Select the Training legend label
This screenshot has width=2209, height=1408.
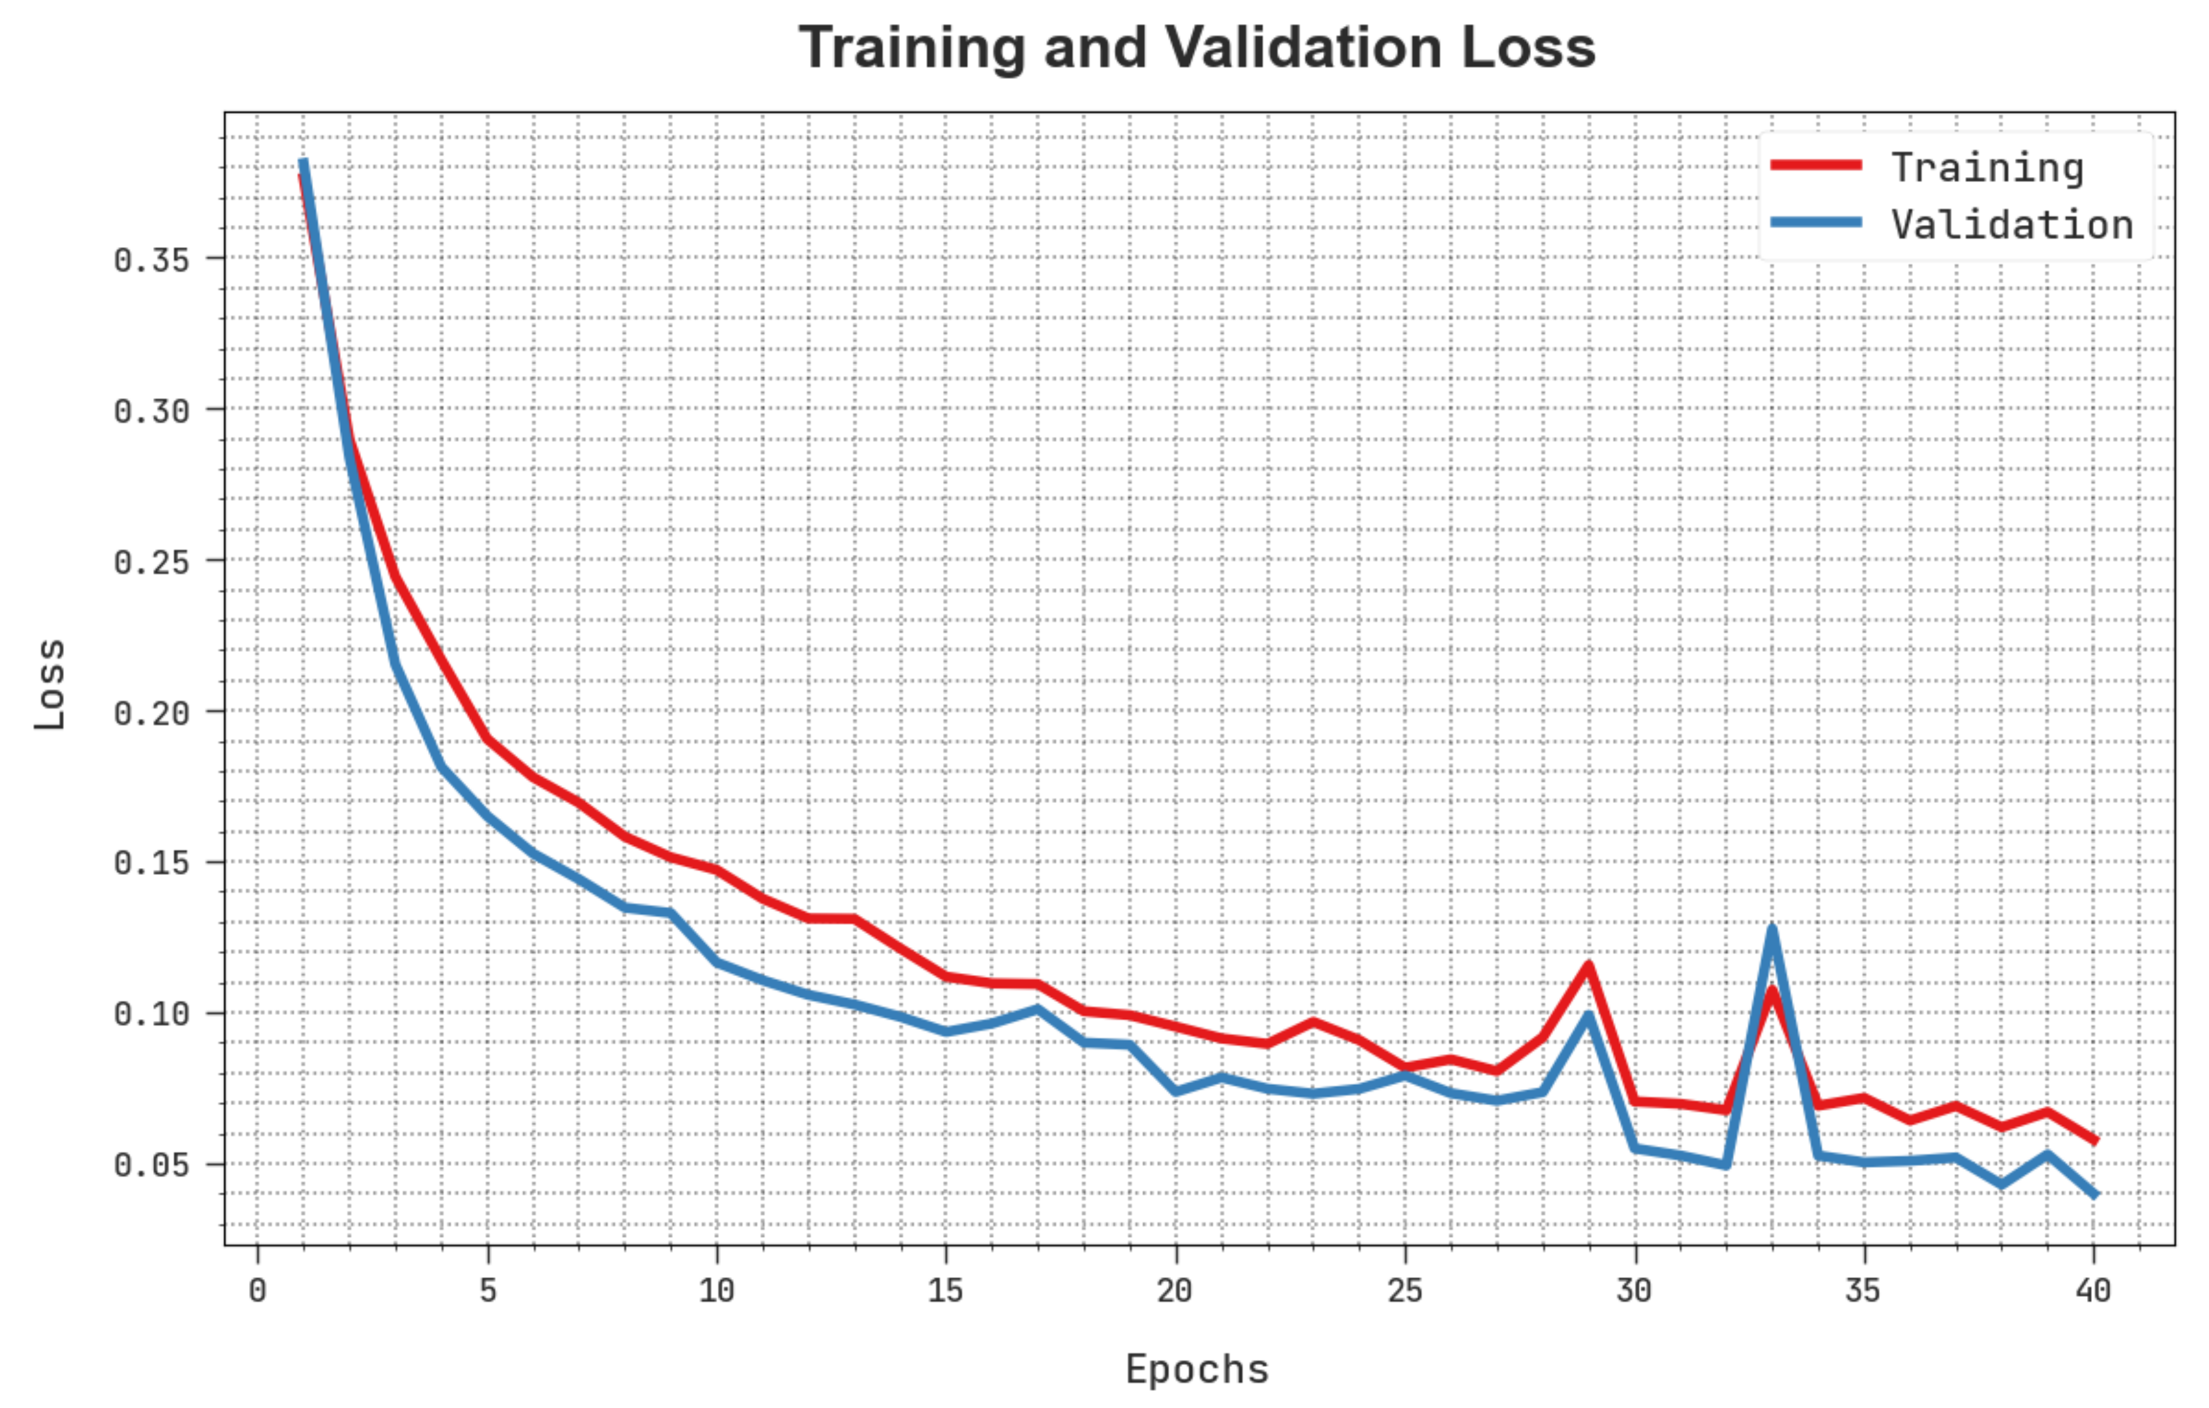tap(1987, 168)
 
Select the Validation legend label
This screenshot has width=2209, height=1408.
tap(2012, 224)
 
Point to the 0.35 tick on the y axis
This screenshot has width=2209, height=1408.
tap(151, 260)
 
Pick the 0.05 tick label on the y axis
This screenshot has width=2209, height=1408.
tap(151, 1165)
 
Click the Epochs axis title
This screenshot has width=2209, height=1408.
tap(1197, 1369)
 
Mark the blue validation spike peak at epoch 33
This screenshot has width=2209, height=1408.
tap(1771, 930)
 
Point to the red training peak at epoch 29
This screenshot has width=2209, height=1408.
tap(1588, 965)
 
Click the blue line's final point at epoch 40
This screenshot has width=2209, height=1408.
tap(2093, 1194)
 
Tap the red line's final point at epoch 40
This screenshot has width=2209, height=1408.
tap(2093, 1140)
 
